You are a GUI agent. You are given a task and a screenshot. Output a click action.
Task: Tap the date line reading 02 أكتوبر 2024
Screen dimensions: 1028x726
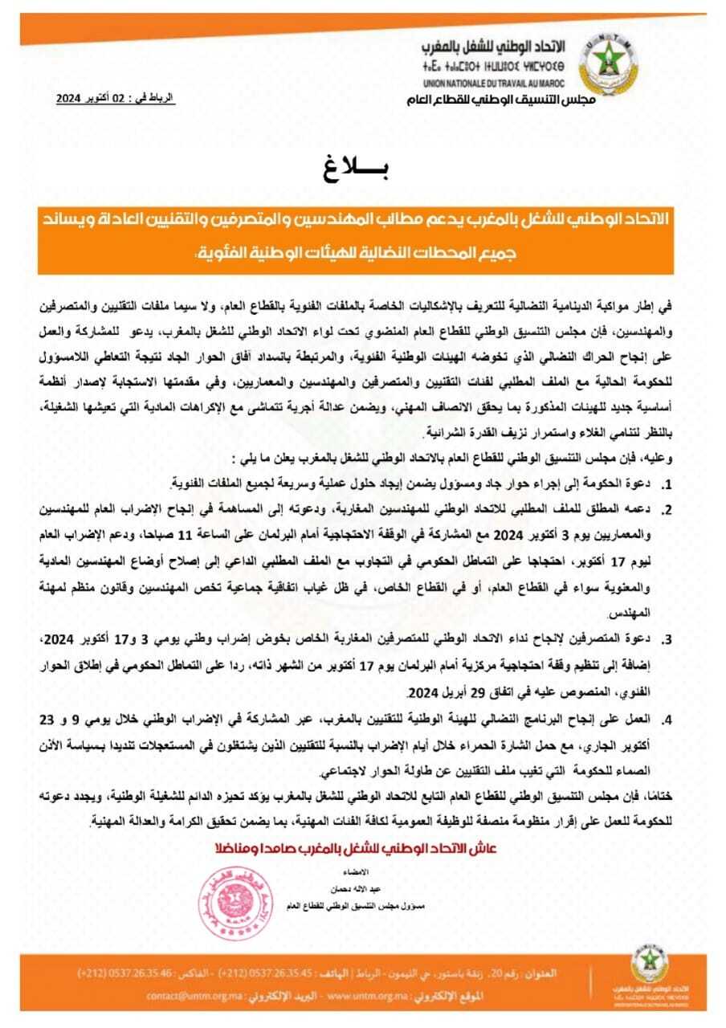(114, 98)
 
